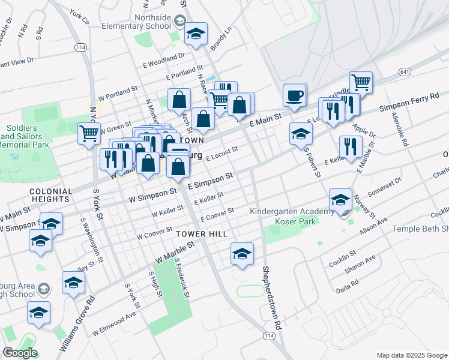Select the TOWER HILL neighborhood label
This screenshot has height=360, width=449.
202,233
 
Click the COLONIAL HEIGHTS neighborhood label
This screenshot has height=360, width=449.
50,195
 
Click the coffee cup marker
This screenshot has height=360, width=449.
295,96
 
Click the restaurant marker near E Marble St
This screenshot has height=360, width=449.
351,146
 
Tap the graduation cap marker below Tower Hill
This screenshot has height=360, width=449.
242,254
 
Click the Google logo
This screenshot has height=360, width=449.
20,352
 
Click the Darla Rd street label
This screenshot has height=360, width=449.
347,288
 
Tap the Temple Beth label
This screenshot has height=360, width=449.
420,229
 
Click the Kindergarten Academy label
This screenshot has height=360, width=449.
292,212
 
